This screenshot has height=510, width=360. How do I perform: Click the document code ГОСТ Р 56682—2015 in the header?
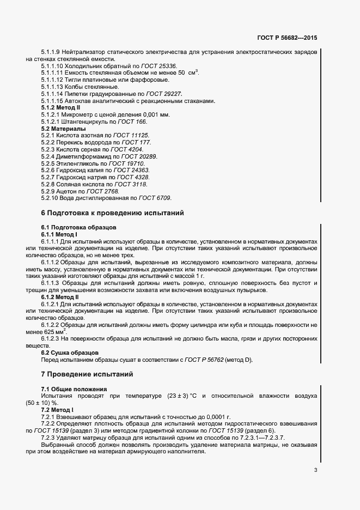287,38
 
